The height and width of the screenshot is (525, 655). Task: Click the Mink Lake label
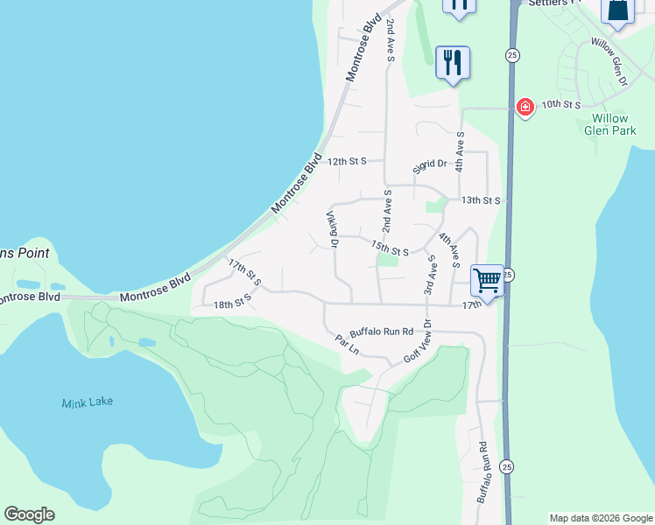point(87,402)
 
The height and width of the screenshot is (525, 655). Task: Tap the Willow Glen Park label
point(609,124)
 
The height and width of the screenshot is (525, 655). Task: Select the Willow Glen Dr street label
point(610,60)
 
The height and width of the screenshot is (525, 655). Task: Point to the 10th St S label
point(560,105)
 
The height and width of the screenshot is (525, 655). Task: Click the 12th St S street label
point(348,161)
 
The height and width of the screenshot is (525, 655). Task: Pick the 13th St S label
point(481,200)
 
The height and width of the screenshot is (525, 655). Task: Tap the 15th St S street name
point(390,248)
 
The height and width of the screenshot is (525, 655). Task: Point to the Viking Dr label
point(333,229)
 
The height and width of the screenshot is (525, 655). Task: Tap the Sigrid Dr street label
point(431,164)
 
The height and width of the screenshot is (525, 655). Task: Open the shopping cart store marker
point(487,280)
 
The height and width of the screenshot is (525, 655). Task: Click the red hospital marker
point(525,108)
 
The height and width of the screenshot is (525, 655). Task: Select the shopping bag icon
point(617,10)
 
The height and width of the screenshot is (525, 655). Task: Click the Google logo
point(29,514)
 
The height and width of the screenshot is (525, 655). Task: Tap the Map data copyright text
point(601,518)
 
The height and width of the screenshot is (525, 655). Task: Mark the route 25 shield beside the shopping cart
point(509,275)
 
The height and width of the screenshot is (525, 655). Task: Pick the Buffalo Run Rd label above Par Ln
point(381,332)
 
